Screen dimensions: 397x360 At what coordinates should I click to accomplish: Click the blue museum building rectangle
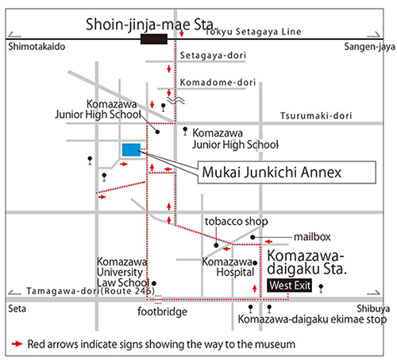(131, 150)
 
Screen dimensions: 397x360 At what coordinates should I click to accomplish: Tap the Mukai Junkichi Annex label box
(287, 172)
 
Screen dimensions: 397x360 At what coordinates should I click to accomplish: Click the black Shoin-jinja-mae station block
(154, 39)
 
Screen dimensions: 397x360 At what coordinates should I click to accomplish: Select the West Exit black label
(289, 285)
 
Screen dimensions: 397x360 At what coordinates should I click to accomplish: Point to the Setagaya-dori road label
(213, 56)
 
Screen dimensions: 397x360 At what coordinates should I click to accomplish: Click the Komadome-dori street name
(218, 83)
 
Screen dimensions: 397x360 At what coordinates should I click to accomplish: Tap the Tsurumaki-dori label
(316, 116)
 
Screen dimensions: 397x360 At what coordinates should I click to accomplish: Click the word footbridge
(162, 312)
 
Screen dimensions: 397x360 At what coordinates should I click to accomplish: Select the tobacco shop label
(237, 222)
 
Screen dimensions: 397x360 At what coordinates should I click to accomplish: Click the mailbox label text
(312, 237)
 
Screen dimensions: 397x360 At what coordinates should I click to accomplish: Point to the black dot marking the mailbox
(252, 237)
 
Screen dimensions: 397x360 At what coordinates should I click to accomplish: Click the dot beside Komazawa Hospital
(255, 263)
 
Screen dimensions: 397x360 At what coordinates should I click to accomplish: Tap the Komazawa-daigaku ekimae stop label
(312, 319)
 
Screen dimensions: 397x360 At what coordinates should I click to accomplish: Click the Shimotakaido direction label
(37, 47)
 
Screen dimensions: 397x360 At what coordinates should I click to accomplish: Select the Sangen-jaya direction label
(369, 47)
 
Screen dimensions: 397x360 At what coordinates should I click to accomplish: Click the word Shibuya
(373, 308)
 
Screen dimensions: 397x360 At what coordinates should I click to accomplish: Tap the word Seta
(17, 308)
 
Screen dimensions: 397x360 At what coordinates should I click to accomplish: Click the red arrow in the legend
(17, 344)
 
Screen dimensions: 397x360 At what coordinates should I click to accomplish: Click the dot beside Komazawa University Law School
(154, 283)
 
